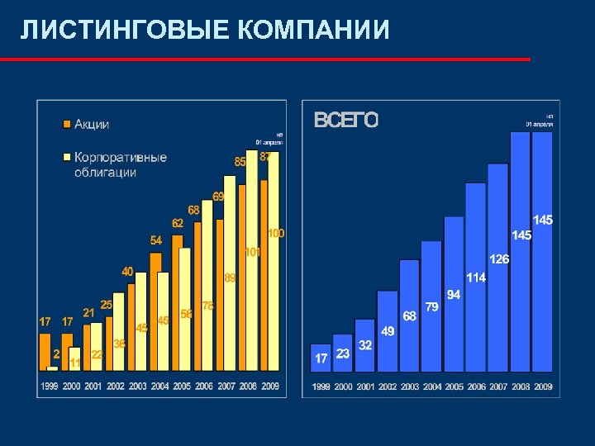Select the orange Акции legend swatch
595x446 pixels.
(x=66, y=125)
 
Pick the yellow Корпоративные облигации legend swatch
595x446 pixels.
(x=66, y=157)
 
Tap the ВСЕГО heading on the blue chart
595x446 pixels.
(x=346, y=121)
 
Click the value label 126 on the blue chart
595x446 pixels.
(x=499, y=259)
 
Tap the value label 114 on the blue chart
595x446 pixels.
(x=476, y=278)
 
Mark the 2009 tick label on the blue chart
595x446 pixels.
(x=543, y=387)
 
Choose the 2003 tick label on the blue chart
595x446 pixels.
(x=410, y=387)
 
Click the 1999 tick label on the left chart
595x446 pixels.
(x=50, y=387)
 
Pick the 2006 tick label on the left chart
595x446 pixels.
(x=204, y=387)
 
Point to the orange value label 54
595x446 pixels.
(x=156, y=240)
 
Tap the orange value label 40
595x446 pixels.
(x=127, y=271)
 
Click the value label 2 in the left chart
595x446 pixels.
(x=56, y=353)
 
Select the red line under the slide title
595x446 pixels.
(x=264, y=59)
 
